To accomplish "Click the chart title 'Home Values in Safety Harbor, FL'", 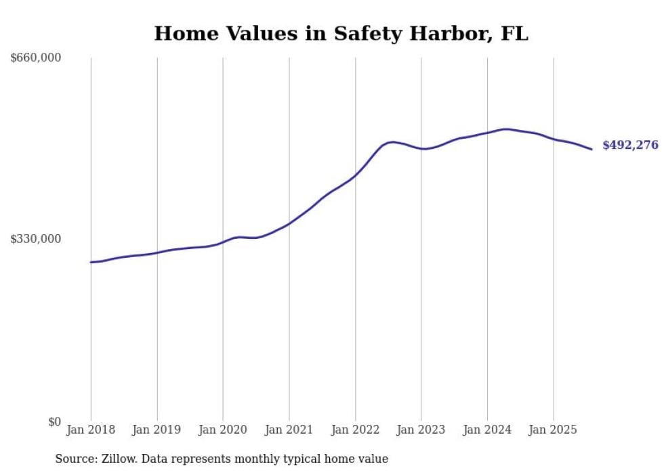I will (341, 34).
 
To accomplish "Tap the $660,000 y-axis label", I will (36, 58).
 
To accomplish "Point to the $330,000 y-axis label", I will (36, 239).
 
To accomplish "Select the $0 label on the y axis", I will (54, 422).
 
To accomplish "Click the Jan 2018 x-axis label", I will (91, 430).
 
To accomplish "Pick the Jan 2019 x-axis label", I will (157, 430).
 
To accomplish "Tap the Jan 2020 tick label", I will (223, 430).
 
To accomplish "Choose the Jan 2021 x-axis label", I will (289, 430).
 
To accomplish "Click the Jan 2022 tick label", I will (355, 430).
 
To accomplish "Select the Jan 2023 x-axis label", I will (421, 430).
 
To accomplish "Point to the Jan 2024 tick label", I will (487, 430).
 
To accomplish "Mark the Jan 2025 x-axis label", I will (553, 430).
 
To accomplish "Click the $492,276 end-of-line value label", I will (630, 145).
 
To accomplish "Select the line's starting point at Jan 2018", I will (91, 262).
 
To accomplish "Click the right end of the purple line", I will (592, 149).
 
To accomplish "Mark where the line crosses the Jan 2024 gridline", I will (487, 133).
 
